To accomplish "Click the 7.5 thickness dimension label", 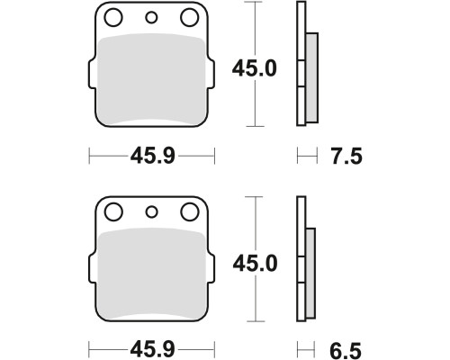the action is tap(346, 157).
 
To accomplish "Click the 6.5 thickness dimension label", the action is tap(346, 351).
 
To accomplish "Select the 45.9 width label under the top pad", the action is tap(152, 156).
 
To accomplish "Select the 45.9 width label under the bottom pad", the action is tap(152, 349).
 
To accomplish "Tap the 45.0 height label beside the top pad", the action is tap(255, 68).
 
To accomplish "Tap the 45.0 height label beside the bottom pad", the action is tap(255, 264).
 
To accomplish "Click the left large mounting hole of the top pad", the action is tap(113, 17).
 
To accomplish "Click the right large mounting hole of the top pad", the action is tap(190, 17).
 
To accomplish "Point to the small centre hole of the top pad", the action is tap(151, 18).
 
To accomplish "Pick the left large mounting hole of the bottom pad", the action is tap(113, 212).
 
